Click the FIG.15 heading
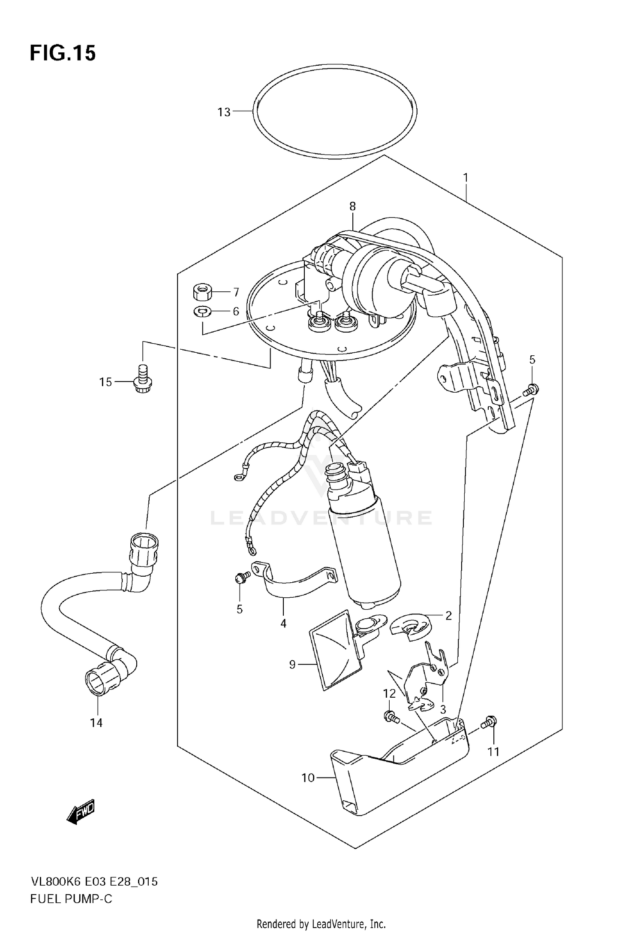tap(63, 53)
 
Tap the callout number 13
tap(224, 112)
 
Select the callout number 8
tap(352, 206)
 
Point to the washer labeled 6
tap(202, 311)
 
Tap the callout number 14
tap(96, 723)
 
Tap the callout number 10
tap(308, 778)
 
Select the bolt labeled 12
tap(391, 716)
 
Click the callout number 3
tap(443, 709)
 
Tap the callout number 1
tap(466, 178)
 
